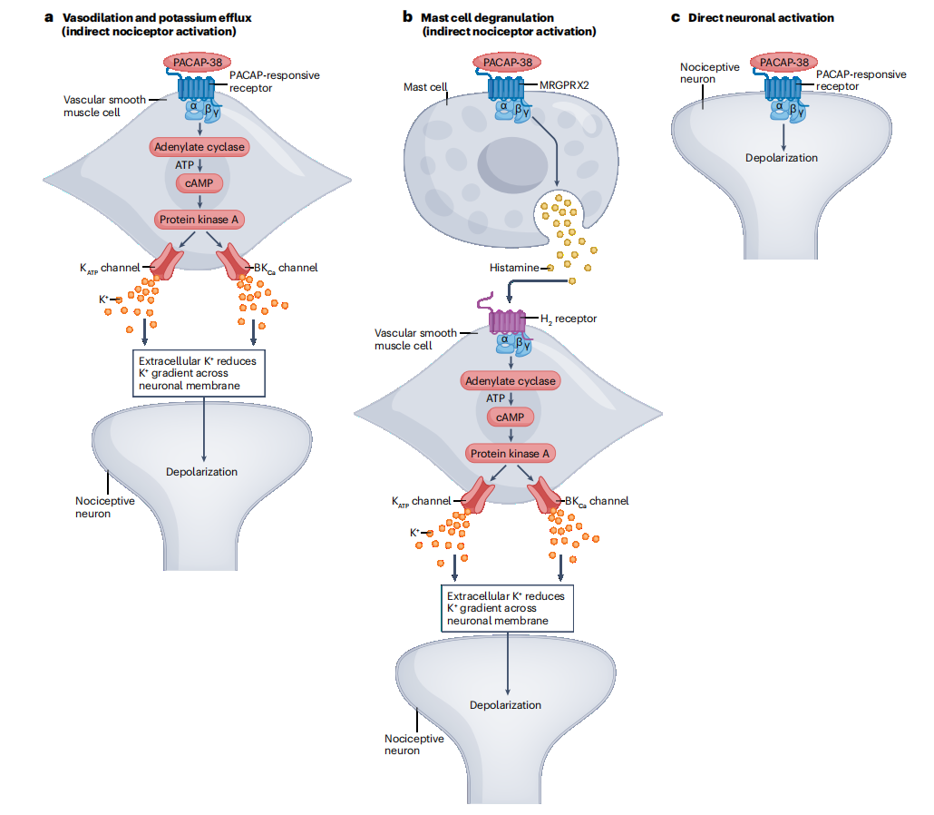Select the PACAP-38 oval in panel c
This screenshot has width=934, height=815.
[784, 63]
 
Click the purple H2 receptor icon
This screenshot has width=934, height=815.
[506, 320]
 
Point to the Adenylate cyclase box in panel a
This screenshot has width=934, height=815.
[199, 145]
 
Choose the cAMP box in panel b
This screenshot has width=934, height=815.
[509, 417]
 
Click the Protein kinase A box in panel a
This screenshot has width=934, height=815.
[199, 219]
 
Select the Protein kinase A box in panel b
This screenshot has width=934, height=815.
[509, 453]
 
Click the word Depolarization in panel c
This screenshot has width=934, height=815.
[782, 157]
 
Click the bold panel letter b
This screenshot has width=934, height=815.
[407, 16]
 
